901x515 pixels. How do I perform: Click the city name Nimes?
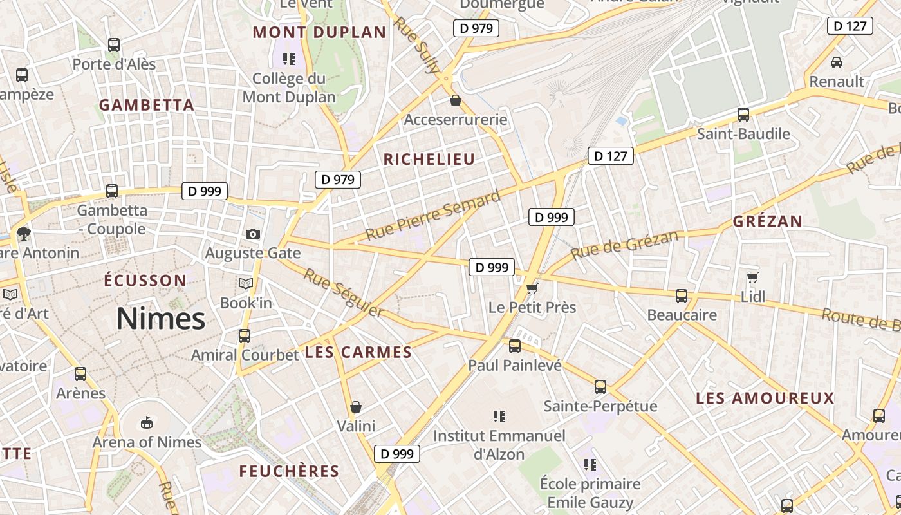[161, 319]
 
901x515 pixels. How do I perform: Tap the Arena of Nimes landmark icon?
[147, 422]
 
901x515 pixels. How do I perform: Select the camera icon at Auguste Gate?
[253, 234]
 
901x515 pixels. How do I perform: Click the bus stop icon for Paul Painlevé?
[515, 346]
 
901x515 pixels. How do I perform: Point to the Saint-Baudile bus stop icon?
[743, 115]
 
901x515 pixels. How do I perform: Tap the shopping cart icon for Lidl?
[752, 277]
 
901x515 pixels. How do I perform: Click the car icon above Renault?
[837, 62]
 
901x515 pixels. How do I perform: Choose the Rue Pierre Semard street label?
[432, 216]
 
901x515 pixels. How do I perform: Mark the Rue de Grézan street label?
[624, 245]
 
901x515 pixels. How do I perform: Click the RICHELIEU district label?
[429, 160]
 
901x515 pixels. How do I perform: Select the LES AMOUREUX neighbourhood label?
[765, 398]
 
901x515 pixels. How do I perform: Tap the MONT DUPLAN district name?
[319, 32]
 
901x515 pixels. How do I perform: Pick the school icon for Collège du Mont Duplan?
[289, 59]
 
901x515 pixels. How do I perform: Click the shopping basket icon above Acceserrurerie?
[456, 100]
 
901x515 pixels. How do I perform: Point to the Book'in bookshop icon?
[246, 283]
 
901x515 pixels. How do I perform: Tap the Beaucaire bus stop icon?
[682, 296]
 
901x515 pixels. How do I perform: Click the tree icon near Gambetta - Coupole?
[24, 233]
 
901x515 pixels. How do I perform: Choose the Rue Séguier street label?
[343, 294]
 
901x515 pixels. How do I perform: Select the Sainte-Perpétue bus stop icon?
[600, 387]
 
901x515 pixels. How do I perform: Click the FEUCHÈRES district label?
[289, 471]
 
